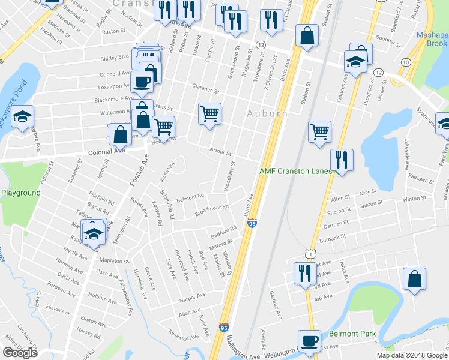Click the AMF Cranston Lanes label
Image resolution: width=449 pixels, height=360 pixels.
tap(295, 171)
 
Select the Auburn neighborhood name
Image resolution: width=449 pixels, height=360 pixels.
tap(267, 113)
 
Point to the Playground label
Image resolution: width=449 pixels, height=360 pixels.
tap(20, 193)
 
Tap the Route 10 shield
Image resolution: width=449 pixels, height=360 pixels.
tap(406, 62)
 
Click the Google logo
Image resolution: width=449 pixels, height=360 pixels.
tap(20, 353)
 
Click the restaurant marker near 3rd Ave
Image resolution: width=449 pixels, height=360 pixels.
tap(301, 273)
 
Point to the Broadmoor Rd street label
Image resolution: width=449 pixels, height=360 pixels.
tap(212, 211)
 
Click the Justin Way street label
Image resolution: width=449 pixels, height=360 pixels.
tap(167, 173)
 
